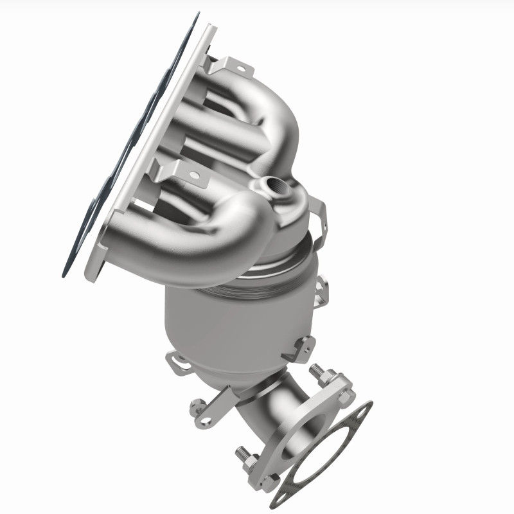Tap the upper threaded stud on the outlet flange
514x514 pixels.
[x=316, y=371]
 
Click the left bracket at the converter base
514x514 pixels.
[x=180, y=363]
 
